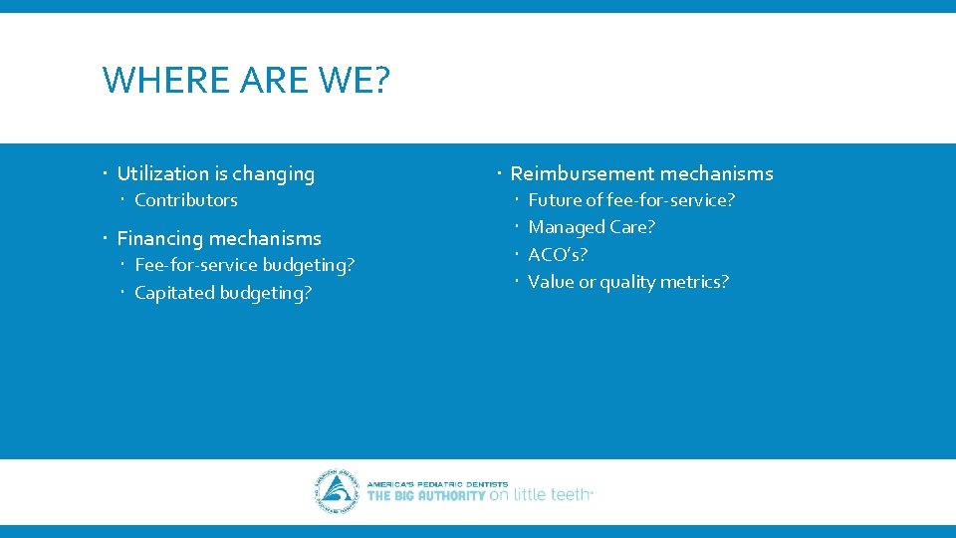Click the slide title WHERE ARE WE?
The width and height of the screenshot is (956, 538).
point(246,80)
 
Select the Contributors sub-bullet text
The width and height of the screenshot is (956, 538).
point(186,200)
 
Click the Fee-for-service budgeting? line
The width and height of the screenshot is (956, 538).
point(244,265)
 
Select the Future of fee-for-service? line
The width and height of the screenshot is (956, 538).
point(631,200)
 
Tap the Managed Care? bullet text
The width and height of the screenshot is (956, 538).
point(592,227)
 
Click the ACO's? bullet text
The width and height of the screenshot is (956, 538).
point(558,255)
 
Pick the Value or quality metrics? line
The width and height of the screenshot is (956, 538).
point(628,282)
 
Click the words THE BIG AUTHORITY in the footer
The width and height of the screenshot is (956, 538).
point(426,495)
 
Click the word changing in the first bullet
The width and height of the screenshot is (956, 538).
point(272,173)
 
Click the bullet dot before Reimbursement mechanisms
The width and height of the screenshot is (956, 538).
point(499,173)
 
